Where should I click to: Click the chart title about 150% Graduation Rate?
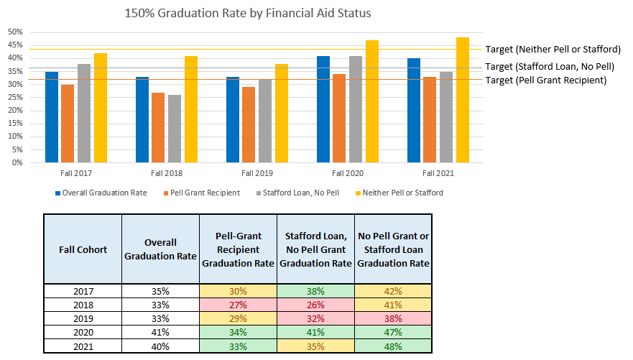(248, 13)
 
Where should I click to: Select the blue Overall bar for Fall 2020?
(323, 109)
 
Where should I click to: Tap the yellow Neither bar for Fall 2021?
(463, 100)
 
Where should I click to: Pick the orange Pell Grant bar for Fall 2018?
(158, 127)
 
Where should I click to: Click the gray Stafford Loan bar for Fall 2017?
(84, 113)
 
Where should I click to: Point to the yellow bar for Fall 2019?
(282, 113)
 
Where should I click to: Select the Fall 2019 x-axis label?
(257, 174)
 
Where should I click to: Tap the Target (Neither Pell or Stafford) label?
(553, 50)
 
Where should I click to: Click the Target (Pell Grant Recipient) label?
(546, 80)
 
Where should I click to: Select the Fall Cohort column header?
(83, 249)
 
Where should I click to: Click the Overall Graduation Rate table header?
(160, 249)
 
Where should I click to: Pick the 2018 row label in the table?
(83, 305)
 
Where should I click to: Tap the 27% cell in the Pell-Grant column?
(238, 305)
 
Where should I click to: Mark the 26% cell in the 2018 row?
(315, 305)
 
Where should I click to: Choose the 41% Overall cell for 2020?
(160, 332)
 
